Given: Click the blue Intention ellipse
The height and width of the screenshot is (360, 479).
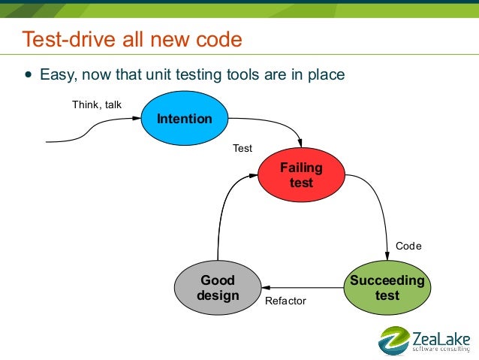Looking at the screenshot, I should pyautogui.click(x=184, y=119).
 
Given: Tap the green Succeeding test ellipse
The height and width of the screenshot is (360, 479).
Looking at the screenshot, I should pyautogui.click(x=387, y=288).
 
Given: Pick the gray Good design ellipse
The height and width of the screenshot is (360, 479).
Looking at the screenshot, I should pyautogui.click(x=218, y=288).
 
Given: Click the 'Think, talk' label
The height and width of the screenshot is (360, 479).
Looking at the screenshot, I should pyautogui.click(x=96, y=104).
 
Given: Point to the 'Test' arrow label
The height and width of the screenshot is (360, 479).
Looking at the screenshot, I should pyautogui.click(x=243, y=149).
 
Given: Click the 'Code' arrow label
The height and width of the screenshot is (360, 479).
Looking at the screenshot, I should pyautogui.click(x=408, y=247).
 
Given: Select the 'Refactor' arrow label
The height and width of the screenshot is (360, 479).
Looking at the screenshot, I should pyautogui.click(x=286, y=301).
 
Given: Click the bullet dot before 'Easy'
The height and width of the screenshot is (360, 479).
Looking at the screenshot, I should pyautogui.click(x=29, y=75).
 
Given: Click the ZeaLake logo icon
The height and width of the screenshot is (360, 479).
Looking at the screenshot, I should pyautogui.click(x=393, y=340).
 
